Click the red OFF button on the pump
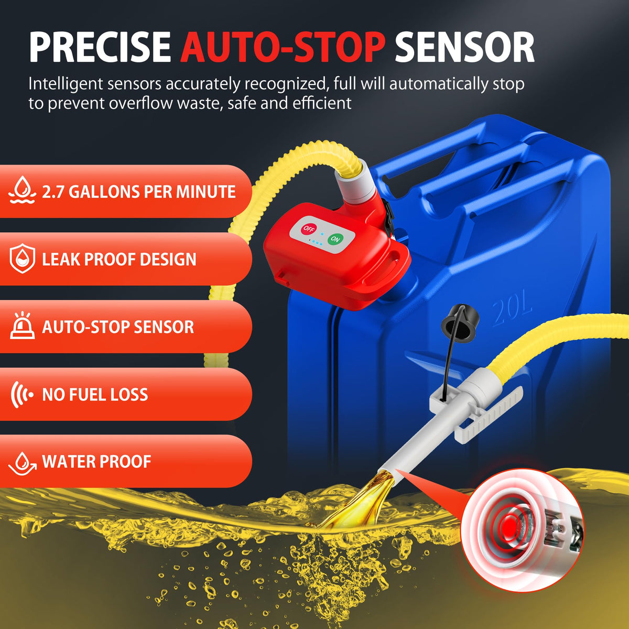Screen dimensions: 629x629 click(308, 229)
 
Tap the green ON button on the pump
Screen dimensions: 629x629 click(335, 239)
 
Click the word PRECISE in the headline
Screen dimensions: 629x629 click(100, 47)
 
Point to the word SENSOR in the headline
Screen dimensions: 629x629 click(465, 47)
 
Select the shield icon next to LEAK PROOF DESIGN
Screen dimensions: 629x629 click(22, 258)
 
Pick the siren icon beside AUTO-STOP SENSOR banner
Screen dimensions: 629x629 click(22, 326)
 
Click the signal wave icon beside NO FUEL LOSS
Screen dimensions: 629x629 click(21, 394)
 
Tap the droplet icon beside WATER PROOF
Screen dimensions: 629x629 click(22, 463)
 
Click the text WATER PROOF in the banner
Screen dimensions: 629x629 click(96, 462)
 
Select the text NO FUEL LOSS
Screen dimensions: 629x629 click(95, 394)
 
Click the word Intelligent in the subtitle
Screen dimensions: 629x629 click(66, 84)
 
